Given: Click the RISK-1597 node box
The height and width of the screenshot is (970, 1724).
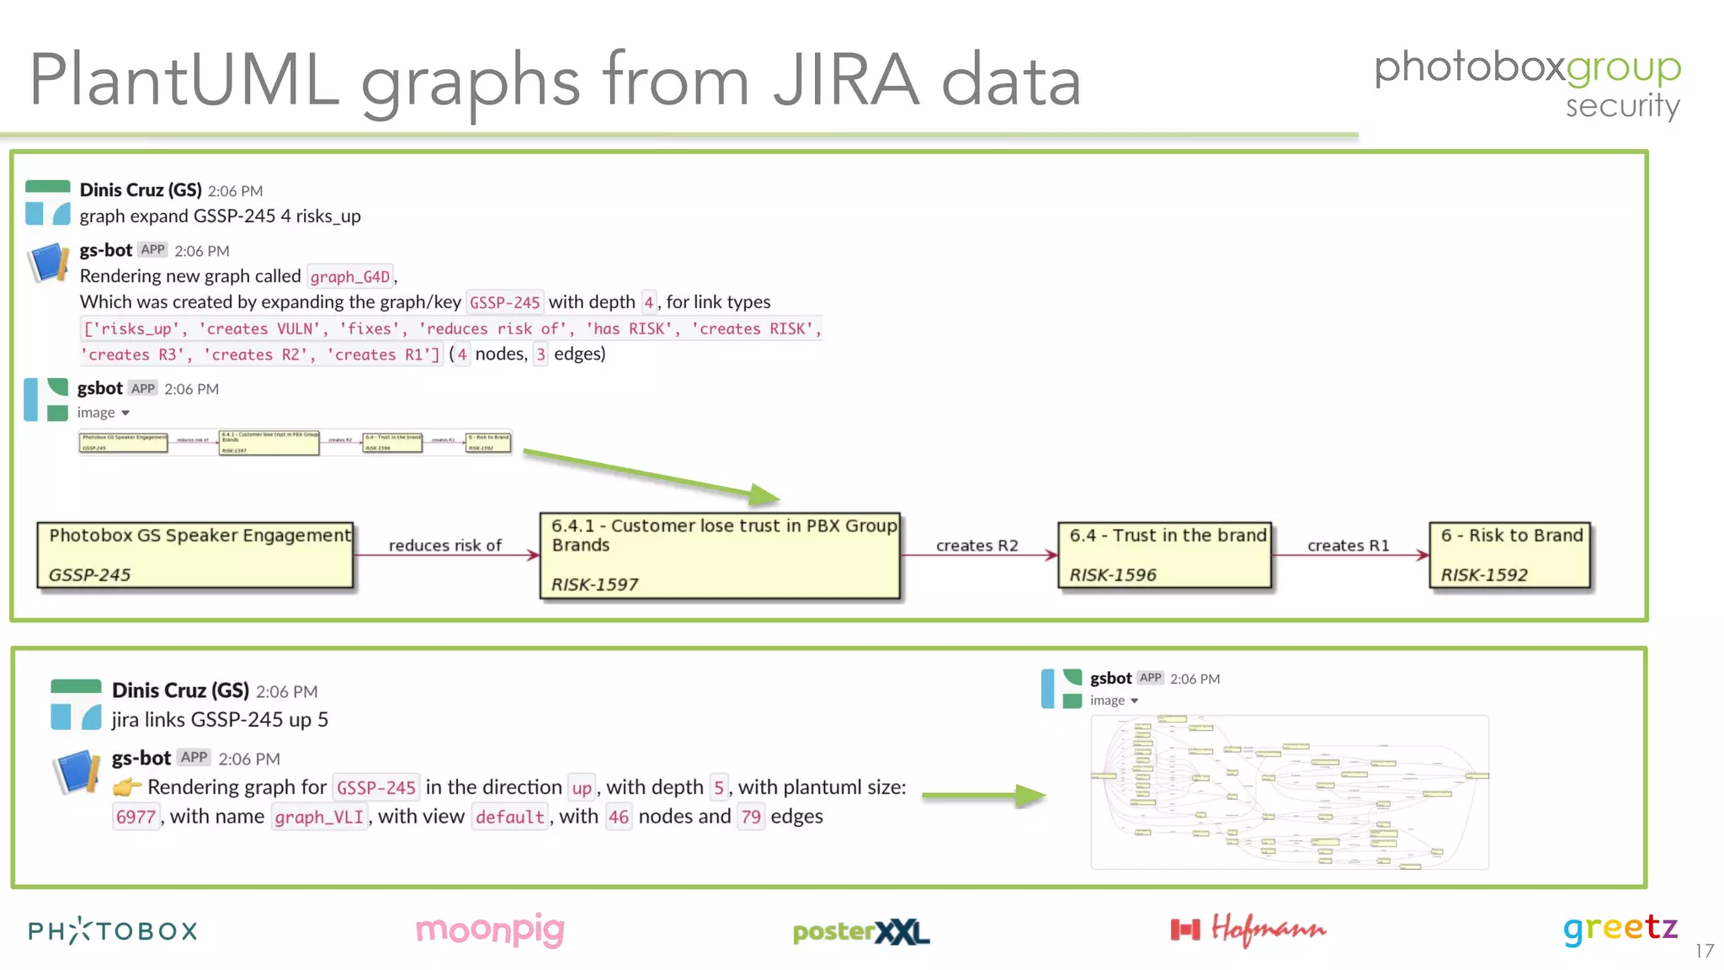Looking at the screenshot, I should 720,556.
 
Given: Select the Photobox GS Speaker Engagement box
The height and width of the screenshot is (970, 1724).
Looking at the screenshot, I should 195,555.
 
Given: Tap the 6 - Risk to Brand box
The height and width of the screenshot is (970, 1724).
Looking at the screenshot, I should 1510,555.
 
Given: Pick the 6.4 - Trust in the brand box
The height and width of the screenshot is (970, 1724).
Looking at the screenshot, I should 1165,555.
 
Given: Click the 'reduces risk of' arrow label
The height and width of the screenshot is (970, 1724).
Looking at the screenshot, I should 444,546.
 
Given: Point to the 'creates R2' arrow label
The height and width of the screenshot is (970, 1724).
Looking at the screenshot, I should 976,546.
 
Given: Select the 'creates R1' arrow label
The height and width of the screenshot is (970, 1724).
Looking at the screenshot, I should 1348,546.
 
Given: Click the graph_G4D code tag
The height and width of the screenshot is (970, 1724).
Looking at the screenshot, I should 350,277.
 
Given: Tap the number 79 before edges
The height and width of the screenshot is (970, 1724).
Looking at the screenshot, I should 751,817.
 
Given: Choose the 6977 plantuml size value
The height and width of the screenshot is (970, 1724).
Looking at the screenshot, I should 136,817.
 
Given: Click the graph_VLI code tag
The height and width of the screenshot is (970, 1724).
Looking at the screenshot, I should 319,817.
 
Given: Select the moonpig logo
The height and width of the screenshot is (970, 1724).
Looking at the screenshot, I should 490,930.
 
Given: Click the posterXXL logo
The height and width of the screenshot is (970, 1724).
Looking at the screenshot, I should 860,931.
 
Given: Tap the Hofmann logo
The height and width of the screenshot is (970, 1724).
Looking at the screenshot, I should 1248,930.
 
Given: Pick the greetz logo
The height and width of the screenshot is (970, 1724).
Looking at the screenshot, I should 1620,929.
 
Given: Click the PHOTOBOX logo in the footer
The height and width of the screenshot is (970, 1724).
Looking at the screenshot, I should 113,930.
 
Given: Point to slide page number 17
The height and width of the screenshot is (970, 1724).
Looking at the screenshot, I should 1704,951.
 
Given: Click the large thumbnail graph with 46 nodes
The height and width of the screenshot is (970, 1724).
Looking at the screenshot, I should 1290,791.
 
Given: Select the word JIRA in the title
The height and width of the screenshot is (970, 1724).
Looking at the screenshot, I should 845,81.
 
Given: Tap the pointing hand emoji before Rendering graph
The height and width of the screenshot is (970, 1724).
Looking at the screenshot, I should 127,787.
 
